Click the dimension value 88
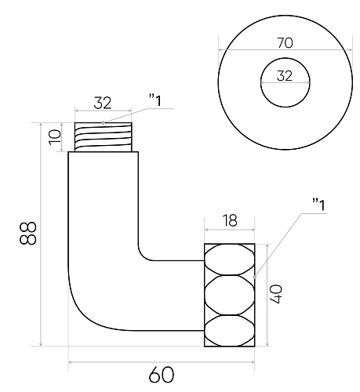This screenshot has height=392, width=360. click(x=27, y=234)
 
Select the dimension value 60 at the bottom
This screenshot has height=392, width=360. click(x=162, y=375)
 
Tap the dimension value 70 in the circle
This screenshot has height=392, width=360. click(x=285, y=43)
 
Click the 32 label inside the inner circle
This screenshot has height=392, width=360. click(x=285, y=76)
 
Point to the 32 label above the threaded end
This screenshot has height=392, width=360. click(x=103, y=103)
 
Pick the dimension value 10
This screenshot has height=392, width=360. click(x=55, y=137)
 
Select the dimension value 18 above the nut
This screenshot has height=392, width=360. click(x=230, y=220)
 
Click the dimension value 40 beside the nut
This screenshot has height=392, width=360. click(x=276, y=294)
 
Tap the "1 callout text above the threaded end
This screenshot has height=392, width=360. click(x=155, y=101)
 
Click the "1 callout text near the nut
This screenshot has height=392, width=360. click(x=319, y=205)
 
